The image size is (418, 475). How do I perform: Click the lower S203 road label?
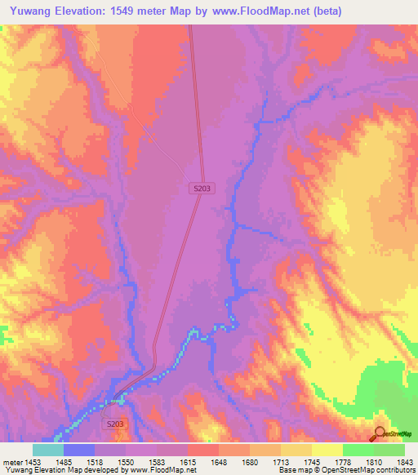[x=115, y=425]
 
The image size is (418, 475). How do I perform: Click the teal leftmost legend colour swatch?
[x=47, y=450]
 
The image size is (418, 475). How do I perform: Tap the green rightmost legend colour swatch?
[x=389, y=450]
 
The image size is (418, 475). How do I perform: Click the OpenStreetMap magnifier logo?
[x=380, y=433]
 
